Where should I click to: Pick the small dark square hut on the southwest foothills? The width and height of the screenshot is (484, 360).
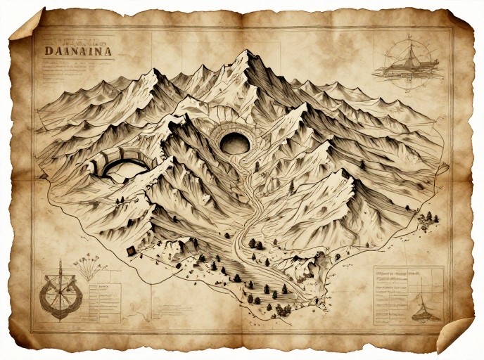[x=129, y=250]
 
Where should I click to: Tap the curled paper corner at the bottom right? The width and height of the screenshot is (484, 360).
[x=453, y=335]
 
